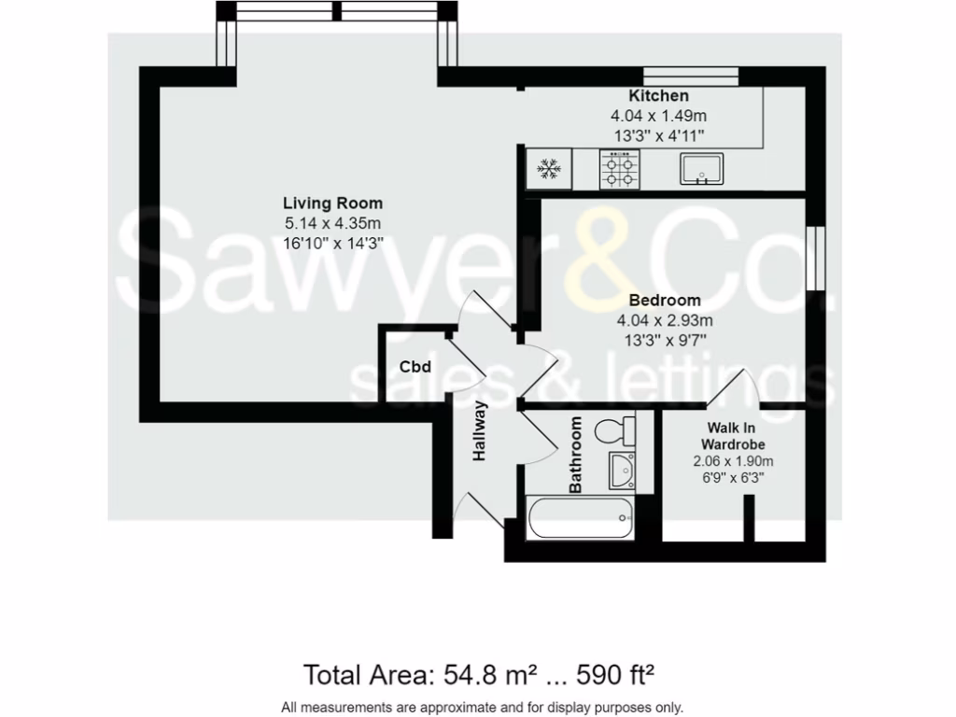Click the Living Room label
click(x=332, y=204)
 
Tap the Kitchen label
click(x=658, y=96)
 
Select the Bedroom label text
click(x=664, y=301)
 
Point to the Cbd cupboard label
click(x=415, y=367)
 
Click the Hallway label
click(x=480, y=431)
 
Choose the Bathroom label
click(x=576, y=455)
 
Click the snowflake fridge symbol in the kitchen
click(x=548, y=170)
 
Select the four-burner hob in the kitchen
click(x=621, y=170)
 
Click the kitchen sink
click(x=701, y=170)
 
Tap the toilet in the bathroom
click(x=614, y=430)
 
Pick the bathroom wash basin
click(x=620, y=471)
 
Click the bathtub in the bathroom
click(x=580, y=518)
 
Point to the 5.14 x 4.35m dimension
click(x=332, y=223)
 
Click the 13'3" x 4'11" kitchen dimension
click(x=658, y=135)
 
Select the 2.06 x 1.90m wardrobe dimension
click(x=733, y=461)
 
